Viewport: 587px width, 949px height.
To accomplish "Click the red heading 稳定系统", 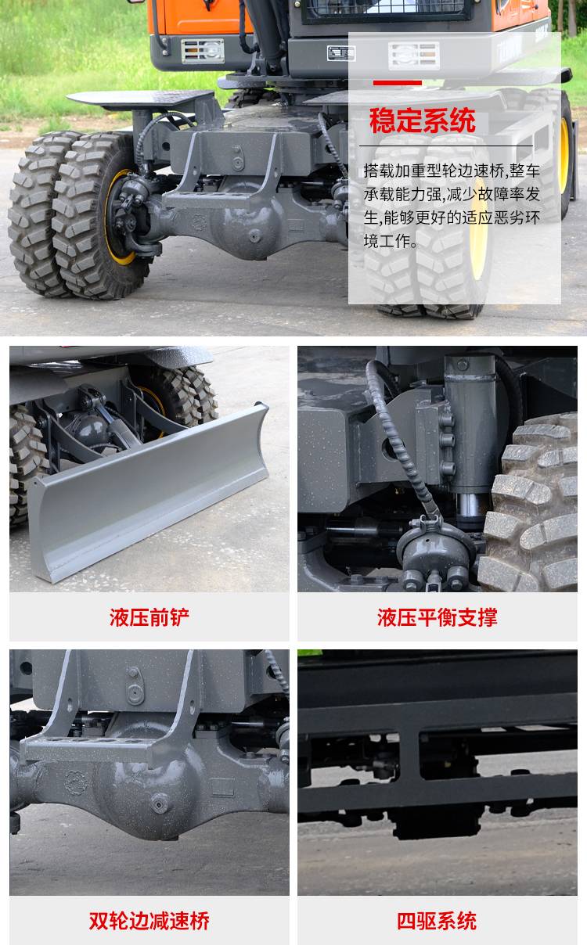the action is point(422,120).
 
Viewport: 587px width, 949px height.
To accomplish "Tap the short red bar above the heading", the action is point(397,83).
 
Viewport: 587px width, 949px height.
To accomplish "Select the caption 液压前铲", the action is point(149,617).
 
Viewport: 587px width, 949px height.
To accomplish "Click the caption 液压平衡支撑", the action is point(437,617).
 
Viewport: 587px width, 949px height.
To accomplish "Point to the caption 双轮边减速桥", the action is point(149,921).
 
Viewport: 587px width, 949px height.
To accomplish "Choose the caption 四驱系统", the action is point(437,921).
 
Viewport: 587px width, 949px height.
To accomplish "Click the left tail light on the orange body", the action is point(203,51).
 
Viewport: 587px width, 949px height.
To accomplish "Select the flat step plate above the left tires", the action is point(142,99).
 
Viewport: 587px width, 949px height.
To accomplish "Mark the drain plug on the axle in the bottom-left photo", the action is point(160,803).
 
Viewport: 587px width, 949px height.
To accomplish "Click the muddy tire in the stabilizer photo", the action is point(532,504).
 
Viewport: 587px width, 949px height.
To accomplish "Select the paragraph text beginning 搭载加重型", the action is point(452,206).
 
